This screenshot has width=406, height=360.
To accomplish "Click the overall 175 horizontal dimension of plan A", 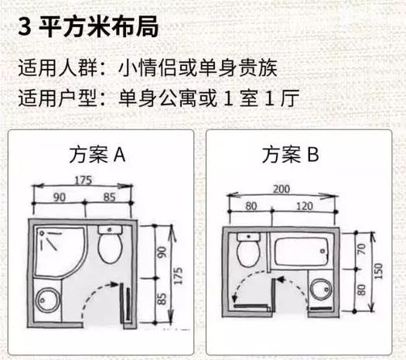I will click(x=84, y=180).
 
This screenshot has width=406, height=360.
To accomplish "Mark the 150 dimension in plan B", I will click(x=380, y=273).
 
